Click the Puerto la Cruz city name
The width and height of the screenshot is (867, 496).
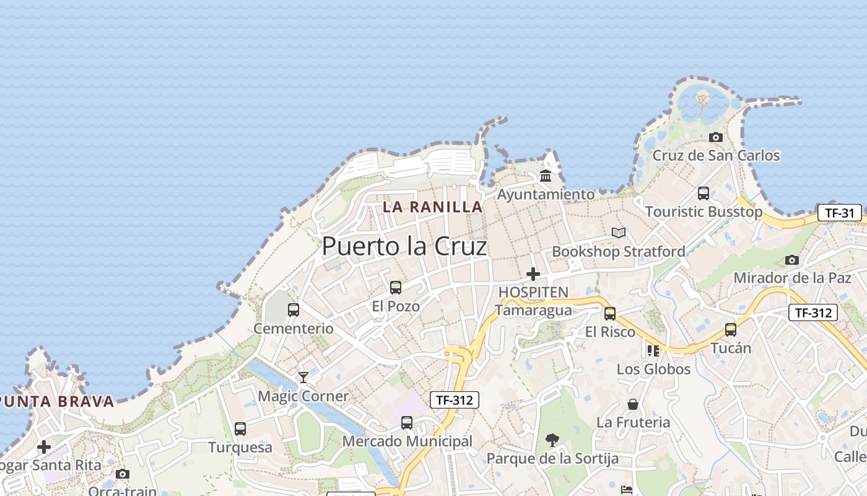click(404, 246)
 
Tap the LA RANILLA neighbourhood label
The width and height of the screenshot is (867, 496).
click(432, 206)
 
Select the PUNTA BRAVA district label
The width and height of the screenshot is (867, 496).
click(57, 401)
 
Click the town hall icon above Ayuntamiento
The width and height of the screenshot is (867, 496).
click(546, 176)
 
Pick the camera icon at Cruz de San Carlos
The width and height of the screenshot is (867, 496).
click(716, 137)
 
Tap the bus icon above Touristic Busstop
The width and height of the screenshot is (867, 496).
click(704, 193)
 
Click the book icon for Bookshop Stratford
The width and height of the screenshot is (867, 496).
click(619, 233)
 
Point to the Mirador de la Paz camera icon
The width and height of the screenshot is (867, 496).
click(792, 260)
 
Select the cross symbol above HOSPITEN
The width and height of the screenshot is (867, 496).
click(533, 274)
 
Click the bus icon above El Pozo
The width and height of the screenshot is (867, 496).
click(396, 288)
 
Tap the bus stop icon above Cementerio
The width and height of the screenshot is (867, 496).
click(294, 310)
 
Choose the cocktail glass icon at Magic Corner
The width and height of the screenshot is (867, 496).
click(303, 377)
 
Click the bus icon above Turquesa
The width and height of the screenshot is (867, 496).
click(240, 429)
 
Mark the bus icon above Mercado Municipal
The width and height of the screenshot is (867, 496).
click(407, 423)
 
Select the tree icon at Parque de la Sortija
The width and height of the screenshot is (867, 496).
click(552, 440)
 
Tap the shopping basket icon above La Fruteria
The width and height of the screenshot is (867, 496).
click(633, 404)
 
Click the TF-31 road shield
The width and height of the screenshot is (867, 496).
click(840, 213)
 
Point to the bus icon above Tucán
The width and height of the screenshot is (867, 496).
click(731, 330)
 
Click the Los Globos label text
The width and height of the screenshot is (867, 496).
click(653, 369)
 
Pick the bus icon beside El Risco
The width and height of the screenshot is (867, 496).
click(610, 314)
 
